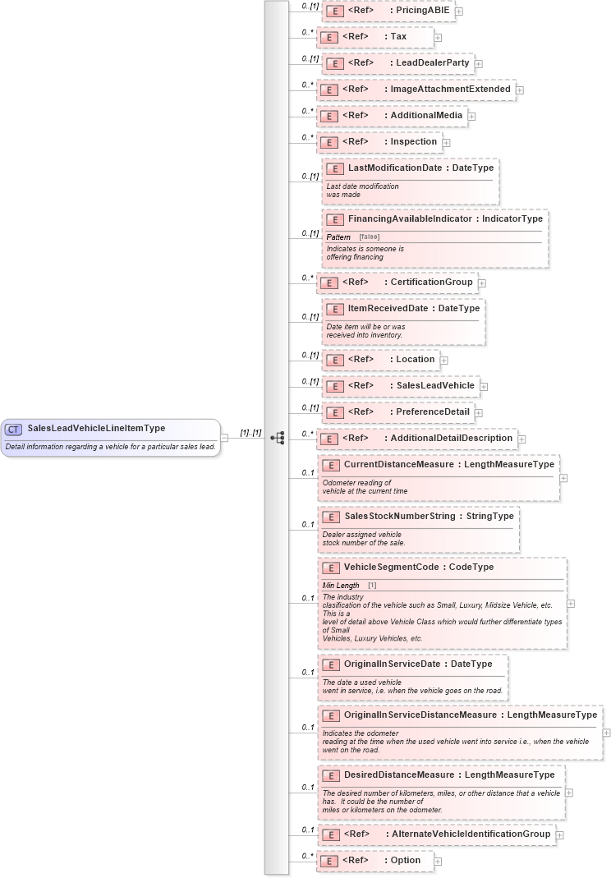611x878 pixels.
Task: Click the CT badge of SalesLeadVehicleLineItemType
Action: click(x=14, y=429)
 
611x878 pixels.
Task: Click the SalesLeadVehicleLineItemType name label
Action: click(x=96, y=428)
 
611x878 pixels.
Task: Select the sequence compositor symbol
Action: click(x=277, y=438)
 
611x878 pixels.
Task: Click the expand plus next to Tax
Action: click(x=438, y=37)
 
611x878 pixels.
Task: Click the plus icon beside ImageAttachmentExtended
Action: click(x=520, y=90)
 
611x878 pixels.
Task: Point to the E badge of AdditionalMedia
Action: click(x=328, y=116)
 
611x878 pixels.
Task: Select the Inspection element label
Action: click(x=413, y=141)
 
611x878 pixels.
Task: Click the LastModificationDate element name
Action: click(x=394, y=168)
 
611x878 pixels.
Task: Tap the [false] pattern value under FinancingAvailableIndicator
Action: click(x=369, y=237)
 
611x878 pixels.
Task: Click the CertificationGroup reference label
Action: click(x=431, y=282)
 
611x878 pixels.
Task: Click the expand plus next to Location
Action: click(x=443, y=360)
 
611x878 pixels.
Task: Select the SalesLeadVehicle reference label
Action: click(x=434, y=385)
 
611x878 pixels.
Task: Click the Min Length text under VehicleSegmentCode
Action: click(x=341, y=585)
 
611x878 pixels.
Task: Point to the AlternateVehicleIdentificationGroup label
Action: click(x=470, y=834)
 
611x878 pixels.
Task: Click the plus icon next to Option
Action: click(x=438, y=861)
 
